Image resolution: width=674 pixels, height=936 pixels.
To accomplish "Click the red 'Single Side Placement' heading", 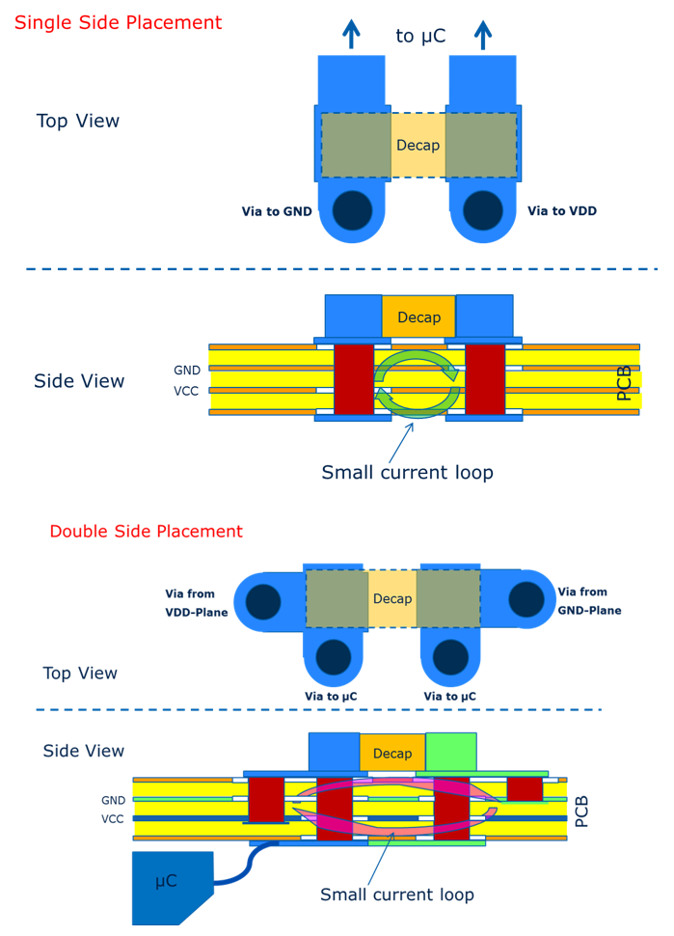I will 118,22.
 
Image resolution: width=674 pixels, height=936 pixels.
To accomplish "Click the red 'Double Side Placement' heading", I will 146,531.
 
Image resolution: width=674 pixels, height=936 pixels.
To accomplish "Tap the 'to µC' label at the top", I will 420,37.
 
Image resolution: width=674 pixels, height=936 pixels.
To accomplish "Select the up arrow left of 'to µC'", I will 351,34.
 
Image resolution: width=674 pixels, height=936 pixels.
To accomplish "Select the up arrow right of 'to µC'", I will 483,34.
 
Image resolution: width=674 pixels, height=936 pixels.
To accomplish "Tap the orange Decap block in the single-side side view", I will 418,317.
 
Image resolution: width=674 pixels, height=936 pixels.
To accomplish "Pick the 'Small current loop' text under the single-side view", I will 407,473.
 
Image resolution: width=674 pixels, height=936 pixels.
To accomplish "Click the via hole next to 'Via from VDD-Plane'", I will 263,601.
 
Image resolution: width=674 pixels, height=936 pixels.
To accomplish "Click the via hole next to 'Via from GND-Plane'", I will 526,599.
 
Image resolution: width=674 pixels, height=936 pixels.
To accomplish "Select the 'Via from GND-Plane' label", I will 589,601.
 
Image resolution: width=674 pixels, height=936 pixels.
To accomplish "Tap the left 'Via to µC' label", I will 331,696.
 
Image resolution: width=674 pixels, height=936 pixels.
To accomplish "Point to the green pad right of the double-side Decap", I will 451,752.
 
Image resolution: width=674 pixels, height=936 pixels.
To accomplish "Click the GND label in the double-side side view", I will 113,800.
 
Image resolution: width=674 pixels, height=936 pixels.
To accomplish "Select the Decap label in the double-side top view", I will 392,598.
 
